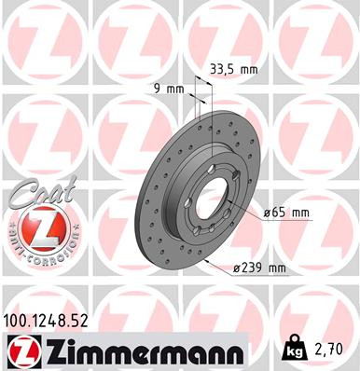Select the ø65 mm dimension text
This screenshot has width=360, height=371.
point(286,212)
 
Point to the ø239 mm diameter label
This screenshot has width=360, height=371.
point(260,268)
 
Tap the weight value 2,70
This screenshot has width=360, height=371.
point(333,350)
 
